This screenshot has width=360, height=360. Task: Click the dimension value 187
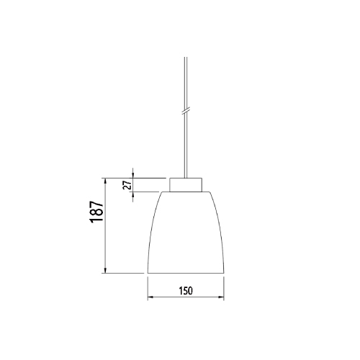(97, 212)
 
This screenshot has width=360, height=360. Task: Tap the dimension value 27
(127, 185)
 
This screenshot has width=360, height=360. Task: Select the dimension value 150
(186, 291)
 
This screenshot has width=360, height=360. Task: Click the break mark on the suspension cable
(185, 111)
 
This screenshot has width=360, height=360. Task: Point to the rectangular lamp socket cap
(186, 185)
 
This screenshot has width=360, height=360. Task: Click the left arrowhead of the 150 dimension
(150, 297)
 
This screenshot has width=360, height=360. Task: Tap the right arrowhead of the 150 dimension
(221, 297)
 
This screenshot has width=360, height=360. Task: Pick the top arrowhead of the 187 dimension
(105, 181)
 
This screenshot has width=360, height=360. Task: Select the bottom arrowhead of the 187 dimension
(105, 270)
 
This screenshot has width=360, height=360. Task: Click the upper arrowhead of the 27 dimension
(133, 176)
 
